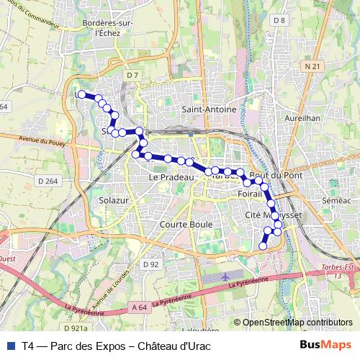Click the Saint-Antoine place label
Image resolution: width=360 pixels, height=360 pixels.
209,109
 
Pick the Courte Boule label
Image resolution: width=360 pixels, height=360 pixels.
182,224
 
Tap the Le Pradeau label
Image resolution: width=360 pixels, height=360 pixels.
172,176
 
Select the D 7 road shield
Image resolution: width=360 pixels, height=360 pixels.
131,74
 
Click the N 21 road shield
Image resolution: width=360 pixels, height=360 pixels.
312,66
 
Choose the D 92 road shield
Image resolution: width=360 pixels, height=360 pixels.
150,264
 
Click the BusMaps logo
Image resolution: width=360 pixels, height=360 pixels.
326,344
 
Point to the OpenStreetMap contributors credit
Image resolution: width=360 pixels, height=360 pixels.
297,323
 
